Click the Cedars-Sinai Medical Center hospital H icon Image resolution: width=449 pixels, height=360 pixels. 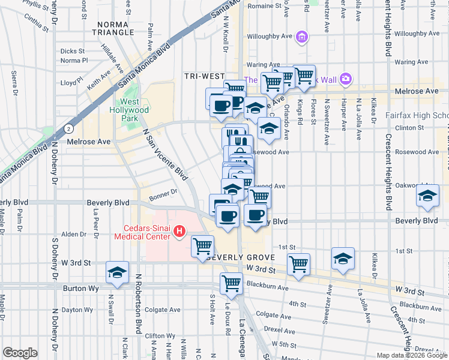178,230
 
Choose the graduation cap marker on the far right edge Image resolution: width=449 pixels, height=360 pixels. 427,197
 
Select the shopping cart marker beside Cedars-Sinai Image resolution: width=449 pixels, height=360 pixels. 203,245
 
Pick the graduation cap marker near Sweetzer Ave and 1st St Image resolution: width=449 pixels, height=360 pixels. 343,258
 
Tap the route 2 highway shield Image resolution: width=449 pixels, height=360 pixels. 70,128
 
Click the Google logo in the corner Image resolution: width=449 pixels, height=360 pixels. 20,353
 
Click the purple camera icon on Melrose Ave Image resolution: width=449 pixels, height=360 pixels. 345,79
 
